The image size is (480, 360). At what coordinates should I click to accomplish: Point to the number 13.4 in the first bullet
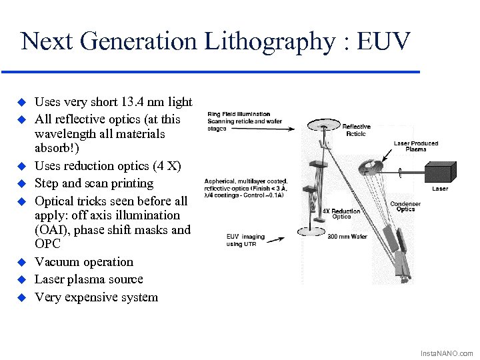click(135, 102)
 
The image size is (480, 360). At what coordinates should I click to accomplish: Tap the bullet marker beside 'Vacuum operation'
click(21, 261)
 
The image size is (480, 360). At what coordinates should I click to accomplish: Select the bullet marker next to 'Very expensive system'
click(21, 297)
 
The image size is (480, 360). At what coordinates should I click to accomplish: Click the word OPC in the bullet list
click(47, 244)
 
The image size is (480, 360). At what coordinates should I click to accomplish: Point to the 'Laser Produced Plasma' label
click(415, 146)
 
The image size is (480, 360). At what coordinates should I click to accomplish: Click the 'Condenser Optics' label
click(405, 207)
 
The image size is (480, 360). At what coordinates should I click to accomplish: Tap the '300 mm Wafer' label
click(347, 236)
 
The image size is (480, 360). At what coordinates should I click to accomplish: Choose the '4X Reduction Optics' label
click(341, 213)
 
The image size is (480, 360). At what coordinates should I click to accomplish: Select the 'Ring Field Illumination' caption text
click(239, 114)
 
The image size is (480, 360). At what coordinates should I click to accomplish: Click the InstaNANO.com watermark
click(446, 353)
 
